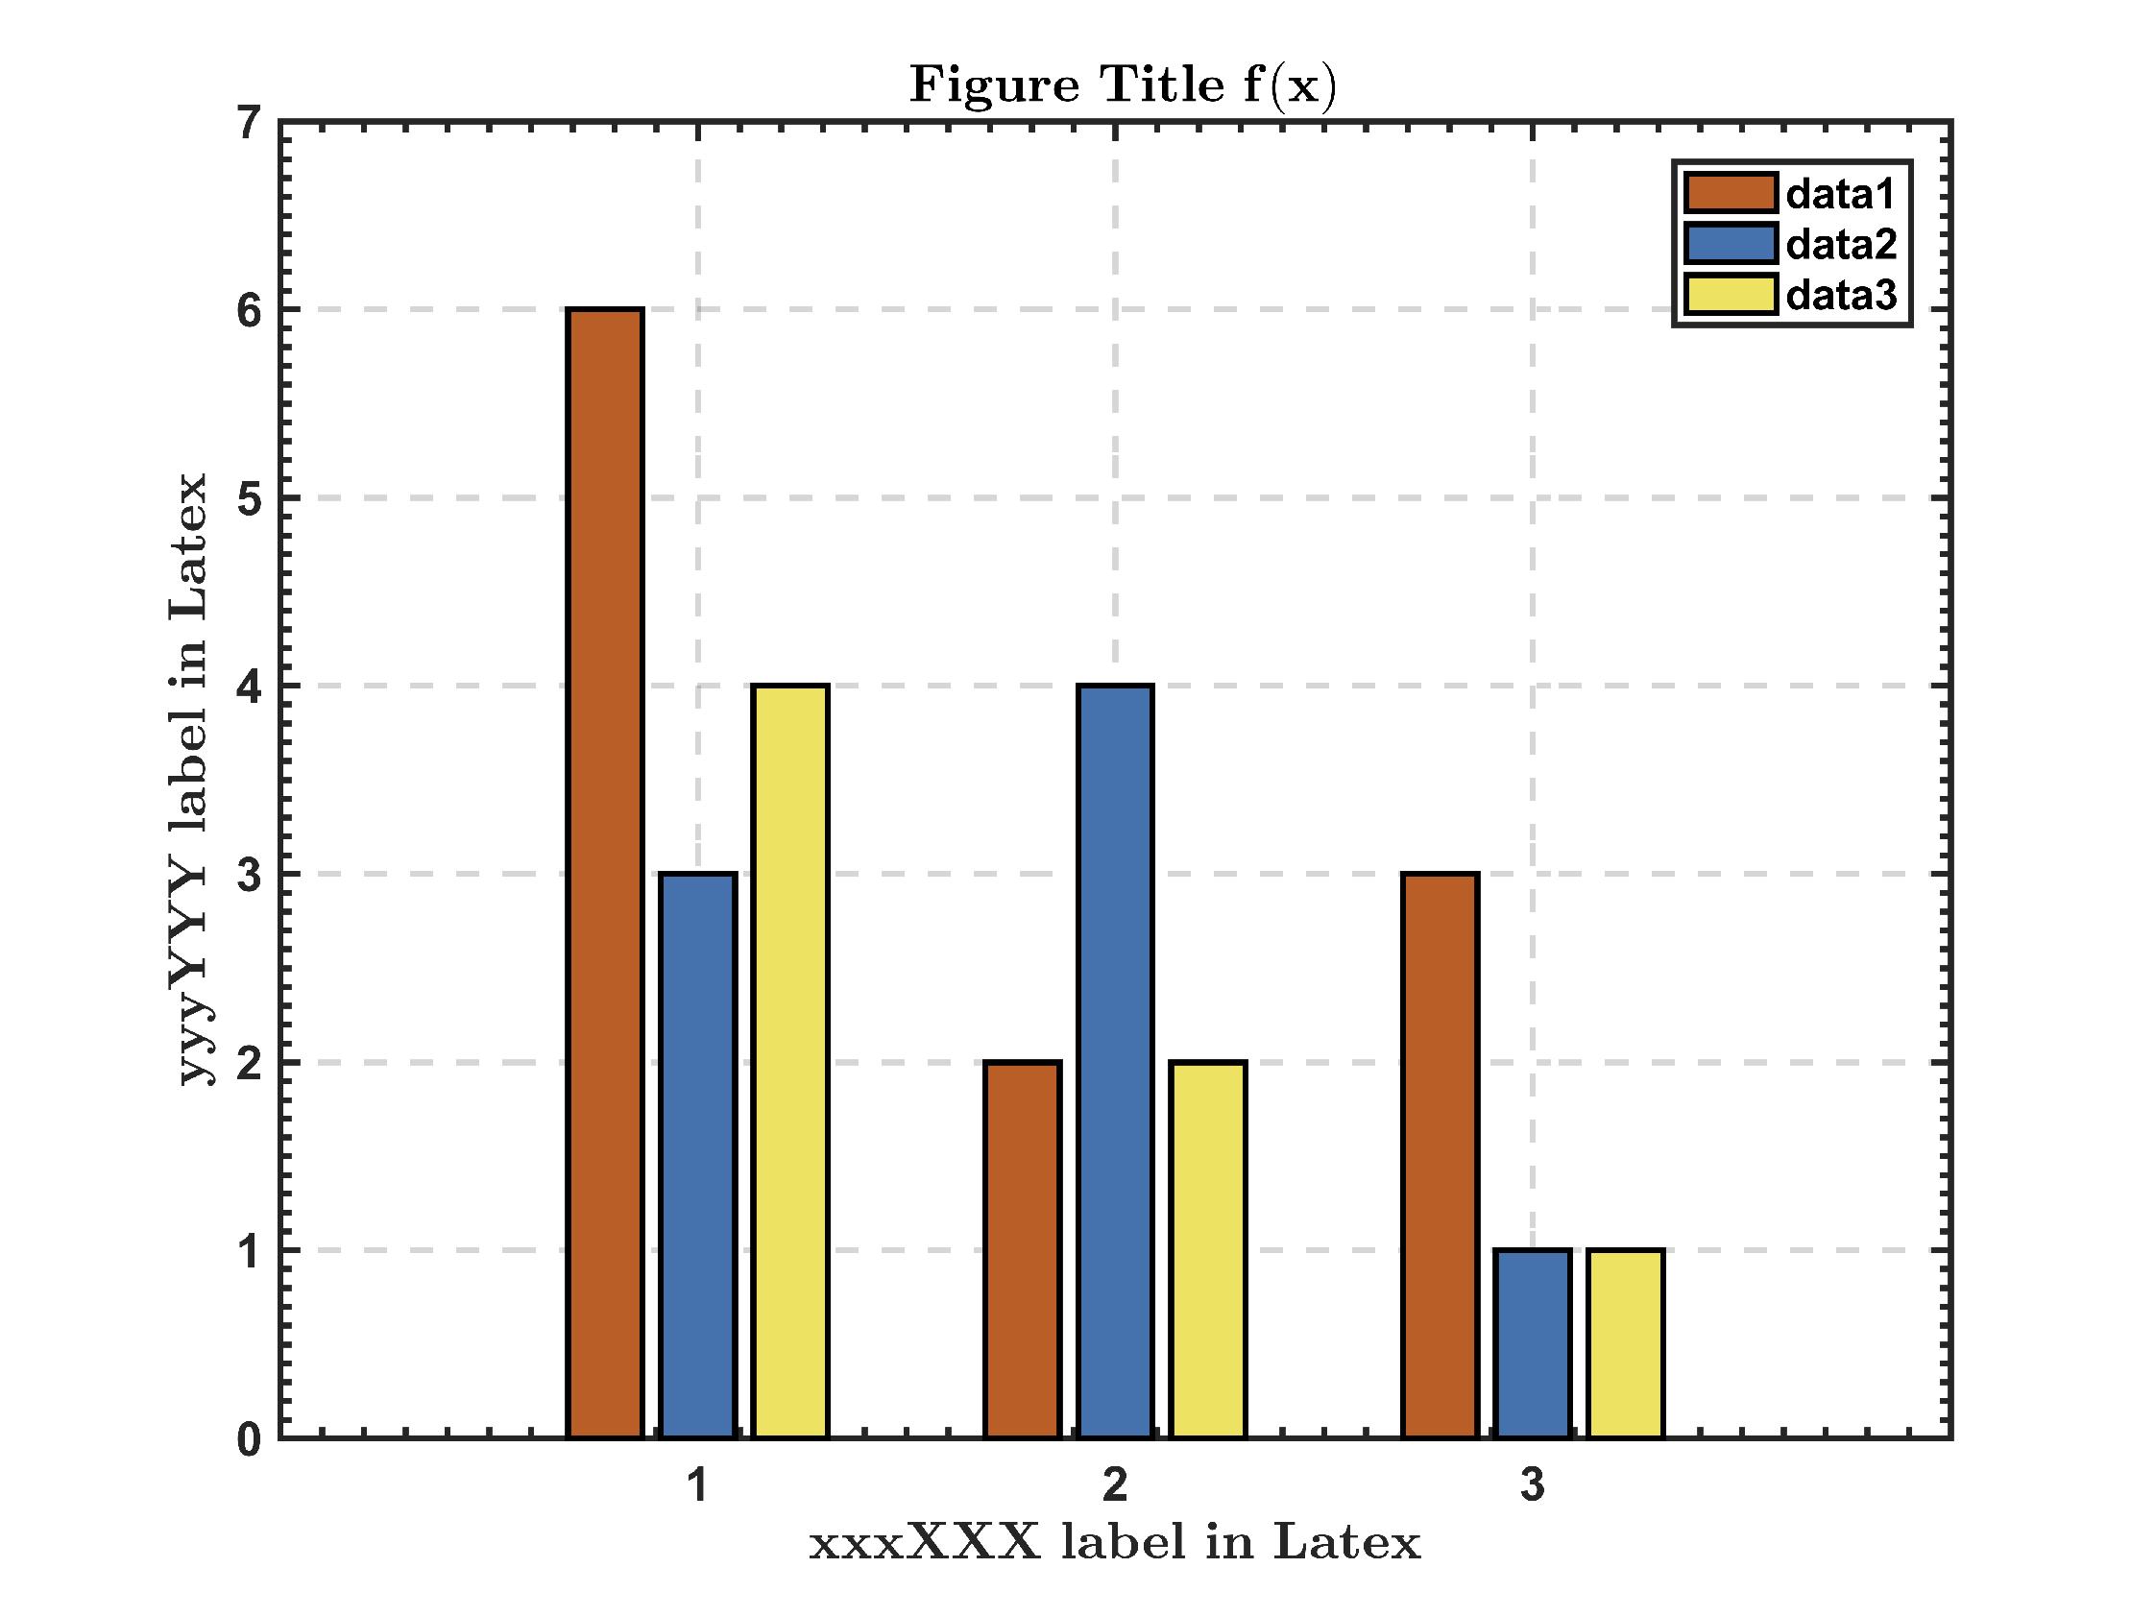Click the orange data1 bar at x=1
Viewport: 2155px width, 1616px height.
point(605,873)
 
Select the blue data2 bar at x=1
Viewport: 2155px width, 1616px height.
point(697,1155)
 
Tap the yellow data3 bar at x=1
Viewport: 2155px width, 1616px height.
point(791,1062)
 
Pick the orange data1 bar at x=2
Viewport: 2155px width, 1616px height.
point(1022,1250)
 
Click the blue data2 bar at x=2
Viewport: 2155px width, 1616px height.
point(1116,1062)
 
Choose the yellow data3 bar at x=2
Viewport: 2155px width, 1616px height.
point(1208,1250)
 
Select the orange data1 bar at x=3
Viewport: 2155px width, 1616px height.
point(1440,1155)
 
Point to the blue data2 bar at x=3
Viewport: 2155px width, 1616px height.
point(1533,1343)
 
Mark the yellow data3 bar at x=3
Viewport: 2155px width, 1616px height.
point(1625,1343)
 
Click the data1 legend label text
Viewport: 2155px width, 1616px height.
point(1840,195)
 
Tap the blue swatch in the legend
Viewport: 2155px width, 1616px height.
point(1731,244)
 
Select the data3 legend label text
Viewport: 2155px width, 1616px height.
point(1840,294)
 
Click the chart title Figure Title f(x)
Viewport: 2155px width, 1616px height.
point(1123,85)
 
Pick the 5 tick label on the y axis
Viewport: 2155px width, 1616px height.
point(250,500)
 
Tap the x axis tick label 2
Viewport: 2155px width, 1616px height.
point(1116,1485)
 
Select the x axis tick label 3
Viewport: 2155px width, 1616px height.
point(1533,1485)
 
